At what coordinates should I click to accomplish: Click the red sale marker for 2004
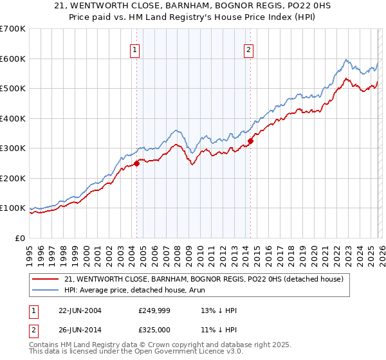tap(136, 163)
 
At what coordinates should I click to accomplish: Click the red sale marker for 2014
tap(250, 141)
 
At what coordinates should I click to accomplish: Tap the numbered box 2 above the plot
tap(248, 50)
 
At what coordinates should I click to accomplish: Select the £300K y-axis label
tap(13, 148)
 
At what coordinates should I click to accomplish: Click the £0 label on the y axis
tap(19, 238)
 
